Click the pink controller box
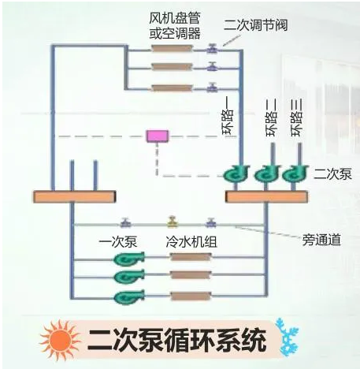pyautogui.click(x=158, y=136)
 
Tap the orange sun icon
pyautogui.click(x=60, y=340)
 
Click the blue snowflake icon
pyautogui.click(x=288, y=337)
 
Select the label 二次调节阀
pyautogui.click(x=255, y=25)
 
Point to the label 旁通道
pyautogui.click(x=321, y=240)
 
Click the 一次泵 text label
pyautogui.click(x=118, y=241)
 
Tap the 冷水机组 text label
pyautogui.click(x=191, y=241)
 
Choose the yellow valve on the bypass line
pyautogui.click(x=173, y=222)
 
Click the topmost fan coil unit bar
pyautogui.click(x=173, y=48)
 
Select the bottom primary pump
pyautogui.click(x=129, y=296)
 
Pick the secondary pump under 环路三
pyautogui.click(x=295, y=173)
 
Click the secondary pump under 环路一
pyautogui.click(x=236, y=173)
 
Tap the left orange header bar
pyautogui.click(x=74, y=196)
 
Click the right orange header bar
pyautogui.click(x=266, y=196)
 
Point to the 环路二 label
pyautogui.click(x=271, y=117)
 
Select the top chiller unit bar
pyautogui.click(x=191, y=257)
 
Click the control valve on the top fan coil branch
pyautogui.click(x=212, y=48)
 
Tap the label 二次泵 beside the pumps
pyautogui.click(x=332, y=173)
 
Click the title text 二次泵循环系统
pyautogui.click(x=177, y=340)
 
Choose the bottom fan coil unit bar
pyautogui.click(x=173, y=88)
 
